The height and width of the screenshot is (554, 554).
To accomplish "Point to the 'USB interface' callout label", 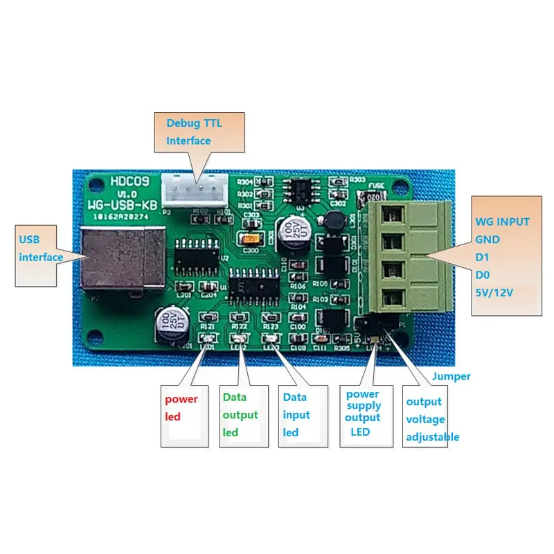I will pyautogui.click(x=41, y=249).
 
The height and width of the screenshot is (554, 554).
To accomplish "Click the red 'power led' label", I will pyautogui.click(x=181, y=408).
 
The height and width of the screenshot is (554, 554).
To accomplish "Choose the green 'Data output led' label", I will pyautogui.click(x=240, y=414).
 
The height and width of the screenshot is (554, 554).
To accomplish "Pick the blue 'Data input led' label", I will pyautogui.click(x=296, y=414).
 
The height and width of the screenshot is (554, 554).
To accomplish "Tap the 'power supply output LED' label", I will pyautogui.click(x=364, y=413).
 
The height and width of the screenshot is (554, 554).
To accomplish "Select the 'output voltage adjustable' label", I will pyautogui.click(x=432, y=419).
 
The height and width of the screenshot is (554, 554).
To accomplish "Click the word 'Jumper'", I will pyautogui.click(x=451, y=376).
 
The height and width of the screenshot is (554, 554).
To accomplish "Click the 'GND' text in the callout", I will pyautogui.click(x=488, y=240).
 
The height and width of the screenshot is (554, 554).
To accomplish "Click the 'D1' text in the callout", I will pyautogui.click(x=483, y=257).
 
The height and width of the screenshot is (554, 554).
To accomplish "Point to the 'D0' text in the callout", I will pyautogui.click(x=483, y=275).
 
